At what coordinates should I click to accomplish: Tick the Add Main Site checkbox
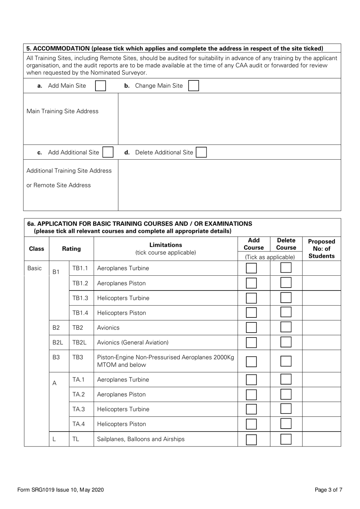(100, 86)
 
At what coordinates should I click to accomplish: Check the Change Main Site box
(193, 86)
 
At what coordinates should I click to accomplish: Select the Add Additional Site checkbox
(108, 152)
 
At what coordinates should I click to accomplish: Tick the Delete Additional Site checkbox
(201, 152)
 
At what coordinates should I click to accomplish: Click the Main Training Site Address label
(63, 111)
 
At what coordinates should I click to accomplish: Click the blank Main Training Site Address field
(229, 119)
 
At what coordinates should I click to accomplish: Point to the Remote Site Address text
(59, 185)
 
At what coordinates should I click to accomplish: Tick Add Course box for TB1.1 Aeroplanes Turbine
(251, 268)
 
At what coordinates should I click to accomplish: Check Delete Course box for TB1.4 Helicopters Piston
(286, 313)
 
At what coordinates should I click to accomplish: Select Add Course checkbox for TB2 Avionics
(251, 328)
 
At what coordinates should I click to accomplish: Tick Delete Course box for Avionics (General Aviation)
(286, 342)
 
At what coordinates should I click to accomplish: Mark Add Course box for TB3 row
(251, 361)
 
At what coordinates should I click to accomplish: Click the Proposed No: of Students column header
(321, 249)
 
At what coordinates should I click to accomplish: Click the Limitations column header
(166, 248)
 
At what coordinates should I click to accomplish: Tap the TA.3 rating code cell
(79, 409)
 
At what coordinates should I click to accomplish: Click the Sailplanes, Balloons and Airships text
(141, 439)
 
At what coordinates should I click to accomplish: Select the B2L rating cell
(57, 342)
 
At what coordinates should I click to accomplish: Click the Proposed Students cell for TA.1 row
(321, 380)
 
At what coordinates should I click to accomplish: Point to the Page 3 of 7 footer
(328, 490)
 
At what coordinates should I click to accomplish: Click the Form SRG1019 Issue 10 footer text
(61, 490)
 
